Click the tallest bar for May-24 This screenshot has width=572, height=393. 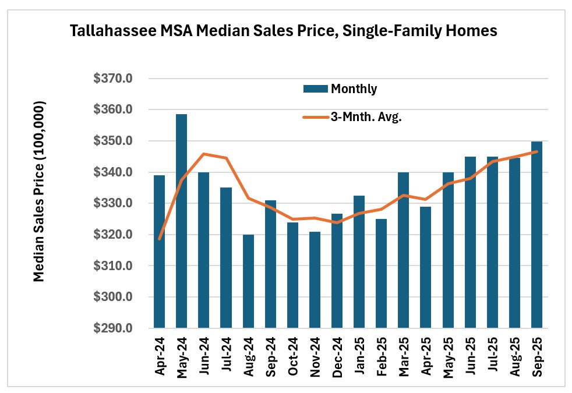[x=182, y=221]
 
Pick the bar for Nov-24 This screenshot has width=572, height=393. [x=315, y=280]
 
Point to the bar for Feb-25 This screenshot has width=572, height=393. [x=382, y=273]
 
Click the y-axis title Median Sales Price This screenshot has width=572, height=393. [x=39, y=192]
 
